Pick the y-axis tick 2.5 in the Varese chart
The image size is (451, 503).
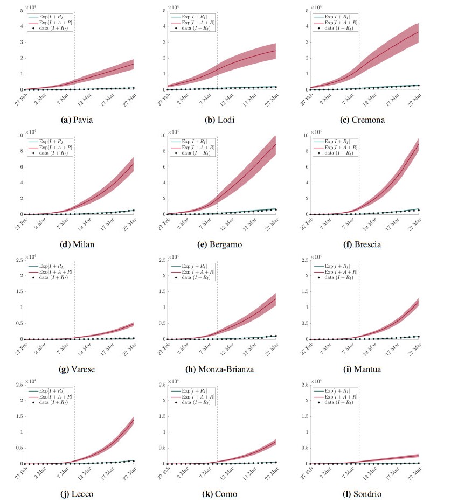18,260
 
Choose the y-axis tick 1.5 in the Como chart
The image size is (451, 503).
161,416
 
